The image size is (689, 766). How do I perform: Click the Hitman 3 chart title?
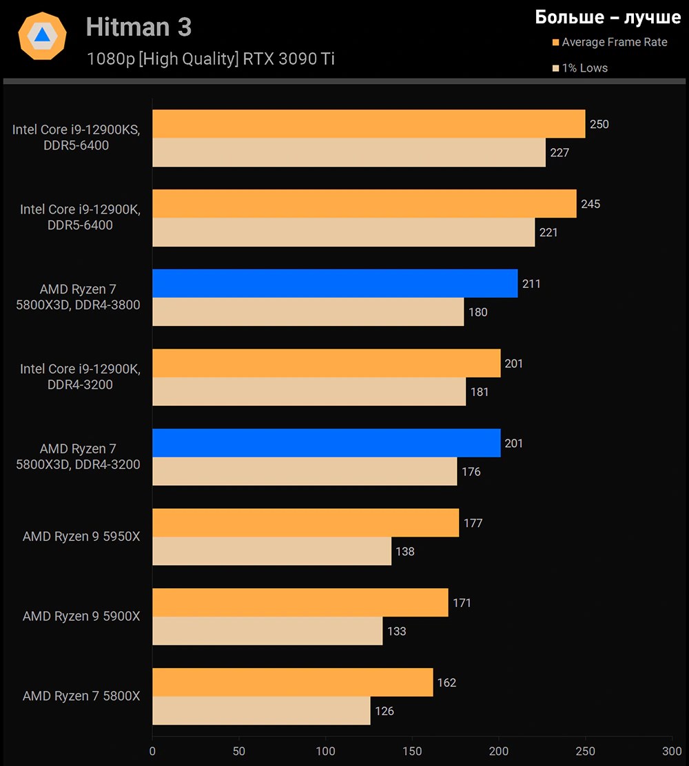138,27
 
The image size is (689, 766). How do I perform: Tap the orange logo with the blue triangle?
42,36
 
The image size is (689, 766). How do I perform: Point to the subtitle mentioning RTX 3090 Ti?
210,59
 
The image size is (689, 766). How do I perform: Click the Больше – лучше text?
608,17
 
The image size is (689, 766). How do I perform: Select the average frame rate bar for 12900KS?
369,124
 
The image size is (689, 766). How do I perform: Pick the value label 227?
559,153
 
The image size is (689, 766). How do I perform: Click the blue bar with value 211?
335,283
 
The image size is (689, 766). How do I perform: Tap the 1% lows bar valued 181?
309,392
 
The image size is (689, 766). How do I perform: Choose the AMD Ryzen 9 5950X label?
81,537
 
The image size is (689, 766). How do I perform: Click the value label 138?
405,552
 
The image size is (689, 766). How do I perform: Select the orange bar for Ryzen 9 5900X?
300,603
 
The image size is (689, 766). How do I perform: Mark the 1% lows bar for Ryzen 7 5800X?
261,711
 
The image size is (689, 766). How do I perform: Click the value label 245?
590,204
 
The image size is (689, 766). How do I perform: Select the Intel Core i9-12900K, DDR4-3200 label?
80,377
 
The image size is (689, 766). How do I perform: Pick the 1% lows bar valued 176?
305,472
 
